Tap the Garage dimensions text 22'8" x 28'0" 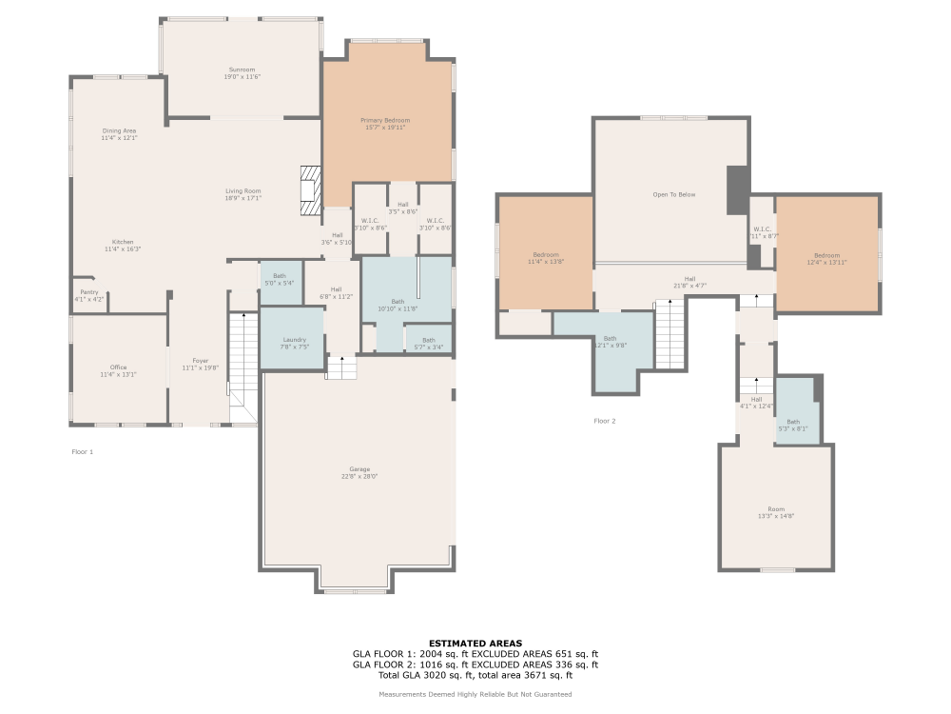(359, 477)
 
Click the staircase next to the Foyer (243, 362)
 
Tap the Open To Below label (673, 194)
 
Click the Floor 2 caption (605, 421)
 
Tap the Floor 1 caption (83, 451)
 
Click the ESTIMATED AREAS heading (475, 644)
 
